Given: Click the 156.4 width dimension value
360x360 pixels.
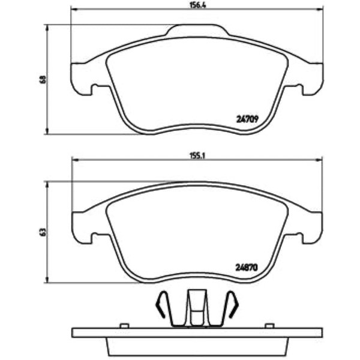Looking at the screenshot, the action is [x=198, y=5].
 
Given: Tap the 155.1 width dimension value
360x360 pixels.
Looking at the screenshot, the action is [x=197, y=156].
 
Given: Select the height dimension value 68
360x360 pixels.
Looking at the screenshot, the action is [x=43, y=79].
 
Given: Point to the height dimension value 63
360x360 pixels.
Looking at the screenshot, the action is [x=43, y=232].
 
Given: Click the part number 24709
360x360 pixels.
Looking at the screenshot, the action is [x=247, y=119].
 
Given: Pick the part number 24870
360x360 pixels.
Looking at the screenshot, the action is [x=247, y=268].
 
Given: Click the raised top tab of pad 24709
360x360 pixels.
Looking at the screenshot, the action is [x=197, y=30].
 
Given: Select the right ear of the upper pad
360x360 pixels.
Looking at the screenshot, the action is [x=313, y=79].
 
